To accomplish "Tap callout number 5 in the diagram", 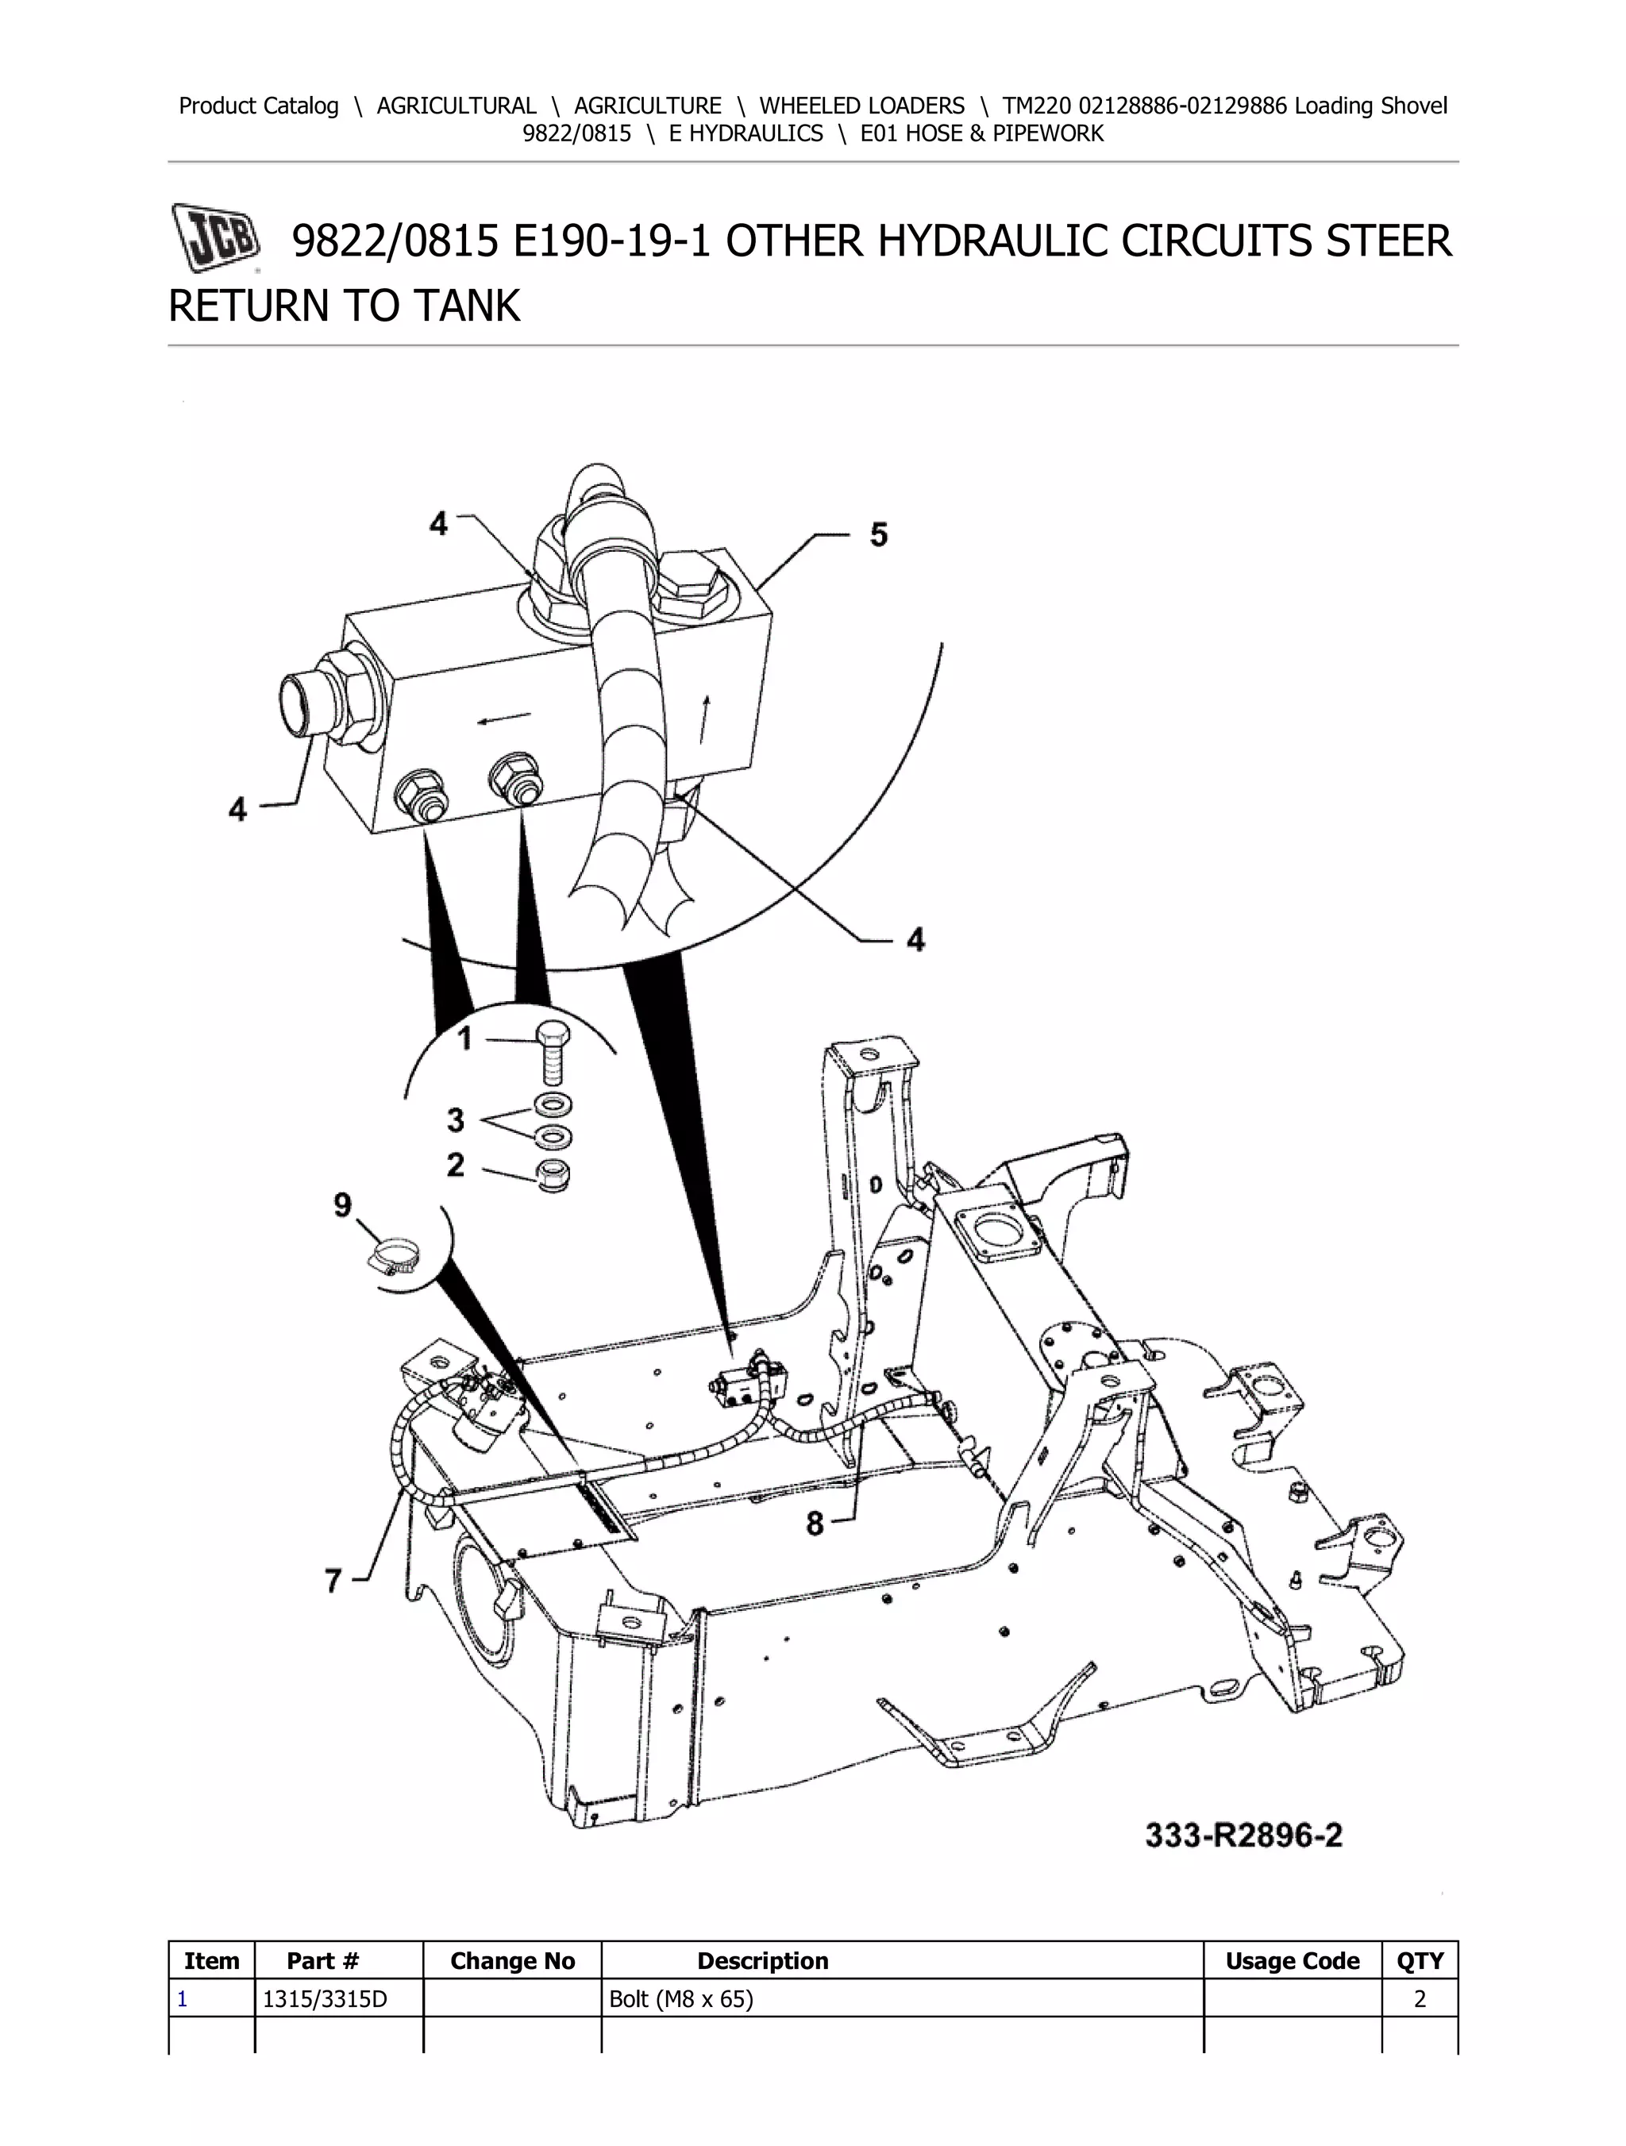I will click(878, 534).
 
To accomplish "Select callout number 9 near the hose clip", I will click(342, 1205).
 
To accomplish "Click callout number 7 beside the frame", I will click(333, 1581).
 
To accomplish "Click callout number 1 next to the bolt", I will click(464, 1039).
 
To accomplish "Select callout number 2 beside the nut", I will click(455, 1164).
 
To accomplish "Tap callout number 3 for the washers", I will click(455, 1119).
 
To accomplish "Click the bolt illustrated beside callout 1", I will click(552, 1056).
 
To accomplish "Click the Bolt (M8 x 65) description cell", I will click(680, 1998).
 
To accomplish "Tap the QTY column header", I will click(1420, 1961).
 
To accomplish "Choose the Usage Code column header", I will click(1291, 1961).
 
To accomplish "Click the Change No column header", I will click(512, 1961).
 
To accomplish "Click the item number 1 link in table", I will click(183, 1998).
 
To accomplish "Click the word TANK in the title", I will click(467, 306).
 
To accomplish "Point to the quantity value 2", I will click(1420, 1998).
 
